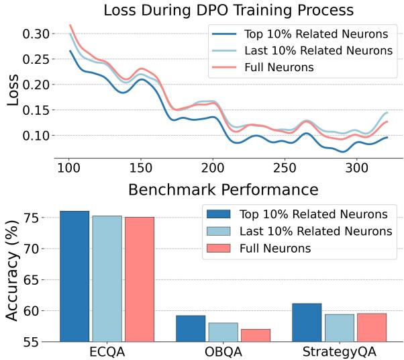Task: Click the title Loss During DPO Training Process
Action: (x=228, y=11)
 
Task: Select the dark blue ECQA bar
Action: (x=74, y=276)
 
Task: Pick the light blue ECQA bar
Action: (x=107, y=278)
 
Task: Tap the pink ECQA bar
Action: (x=139, y=279)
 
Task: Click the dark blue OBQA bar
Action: (x=191, y=328)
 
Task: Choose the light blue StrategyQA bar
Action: (x=339, y=327)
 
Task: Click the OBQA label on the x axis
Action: (x=223, y=351)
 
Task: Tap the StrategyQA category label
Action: (x=339, y=351)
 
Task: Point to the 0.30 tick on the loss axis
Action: (x=34, y=34)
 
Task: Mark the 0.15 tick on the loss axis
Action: (x=34, y=110)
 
